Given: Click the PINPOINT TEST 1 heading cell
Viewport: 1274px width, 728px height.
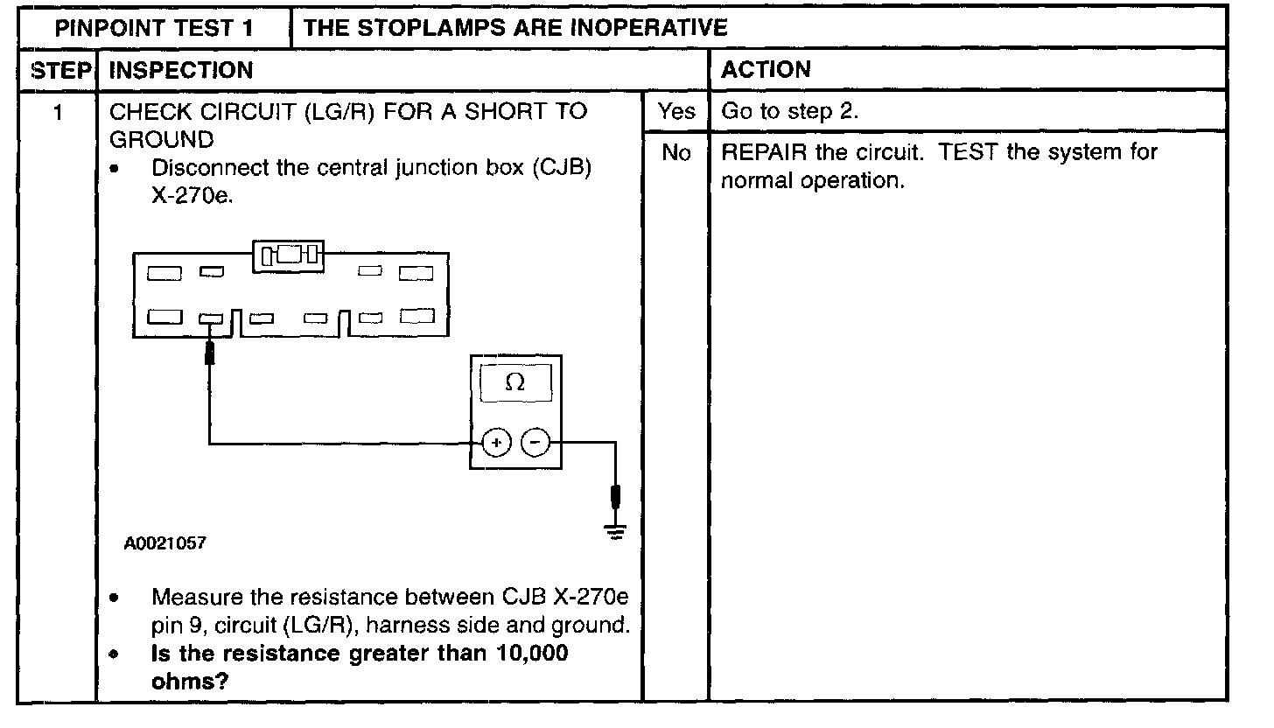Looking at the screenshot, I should (154, 27).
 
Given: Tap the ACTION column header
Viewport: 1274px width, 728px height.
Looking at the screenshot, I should (766, 70).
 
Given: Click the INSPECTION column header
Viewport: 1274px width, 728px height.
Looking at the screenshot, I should (181, 70).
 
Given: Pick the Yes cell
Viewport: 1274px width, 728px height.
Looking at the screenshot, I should (675, 111).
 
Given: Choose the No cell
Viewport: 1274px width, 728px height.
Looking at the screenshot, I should (675, 153).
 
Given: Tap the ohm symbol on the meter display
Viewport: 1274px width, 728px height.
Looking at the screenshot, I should (515, 383).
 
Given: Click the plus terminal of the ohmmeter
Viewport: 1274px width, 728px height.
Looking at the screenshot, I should (496, 444).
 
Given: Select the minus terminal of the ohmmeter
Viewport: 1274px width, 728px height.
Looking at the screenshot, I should (535, 444).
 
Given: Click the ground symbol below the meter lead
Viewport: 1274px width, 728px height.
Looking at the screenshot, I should (617, 531).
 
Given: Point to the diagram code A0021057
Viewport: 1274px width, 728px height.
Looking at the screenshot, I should (165, 543).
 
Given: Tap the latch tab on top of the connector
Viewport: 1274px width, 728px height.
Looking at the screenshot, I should (289, 255).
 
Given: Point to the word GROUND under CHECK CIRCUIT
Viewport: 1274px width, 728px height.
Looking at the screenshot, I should (161, 139).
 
